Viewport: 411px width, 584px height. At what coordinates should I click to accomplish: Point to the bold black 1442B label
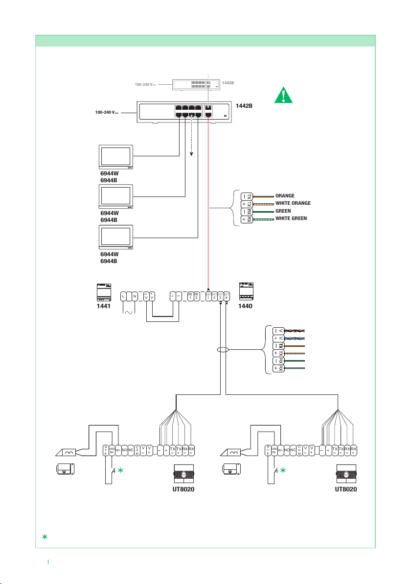click(244, 106)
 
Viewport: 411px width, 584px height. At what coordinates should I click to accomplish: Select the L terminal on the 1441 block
click(124, 296)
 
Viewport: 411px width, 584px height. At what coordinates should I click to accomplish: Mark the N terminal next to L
click(134, 296)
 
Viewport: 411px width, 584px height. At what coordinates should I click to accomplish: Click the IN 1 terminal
click(190, 296)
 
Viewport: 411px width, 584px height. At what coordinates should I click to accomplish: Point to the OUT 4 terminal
click(227, 296)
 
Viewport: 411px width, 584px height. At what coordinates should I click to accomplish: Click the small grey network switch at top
click(195, 85)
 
